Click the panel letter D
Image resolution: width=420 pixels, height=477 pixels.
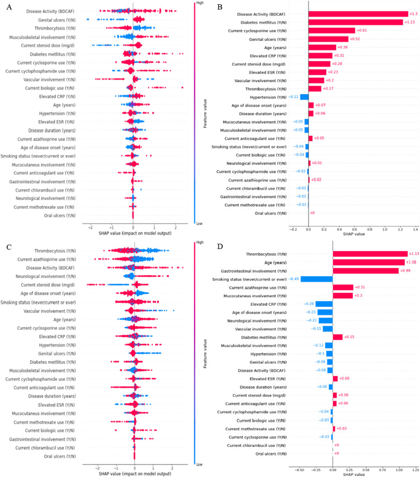tap(220, 248)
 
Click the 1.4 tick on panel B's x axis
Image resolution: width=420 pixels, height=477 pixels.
tap(414, 228)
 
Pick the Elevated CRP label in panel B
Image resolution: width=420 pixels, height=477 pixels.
tap(274, 55)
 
